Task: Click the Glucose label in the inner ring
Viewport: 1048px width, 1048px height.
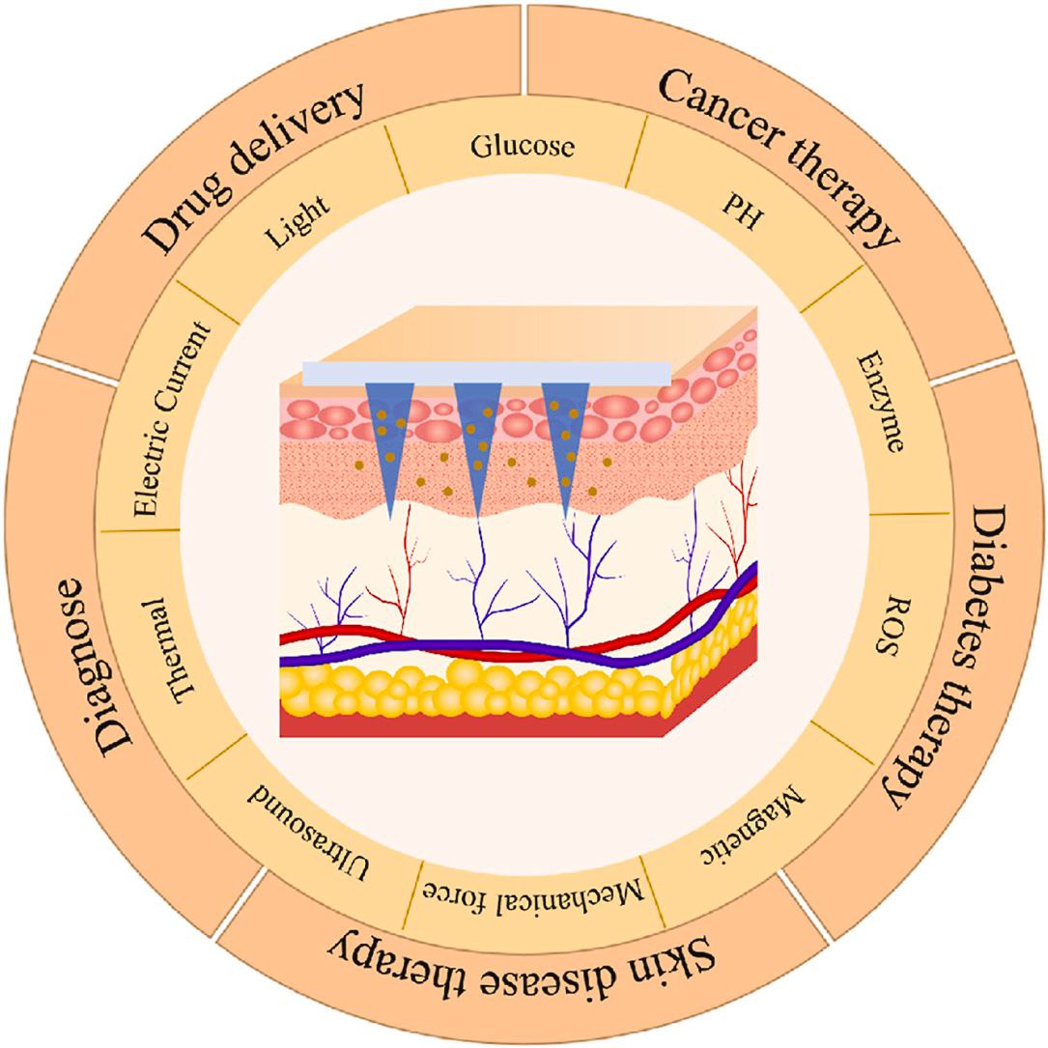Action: tap(523, 147)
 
